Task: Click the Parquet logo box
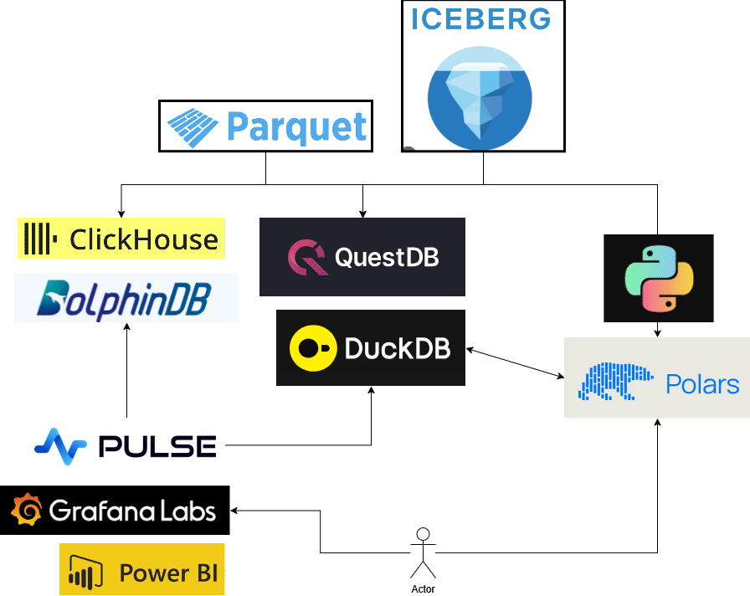(265, 126)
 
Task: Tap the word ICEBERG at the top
(480, 19)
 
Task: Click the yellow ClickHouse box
(121, 239)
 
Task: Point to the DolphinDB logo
(126, 299)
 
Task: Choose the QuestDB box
(362, 257)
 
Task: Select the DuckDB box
(370, 348)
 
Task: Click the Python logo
(659, 279)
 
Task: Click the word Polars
(702, 384)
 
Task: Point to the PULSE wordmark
(157, 445)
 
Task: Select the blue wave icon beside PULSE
(61, 444)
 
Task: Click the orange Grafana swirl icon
(27, 511)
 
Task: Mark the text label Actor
(424, 589)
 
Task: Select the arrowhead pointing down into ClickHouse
(121, 213)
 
